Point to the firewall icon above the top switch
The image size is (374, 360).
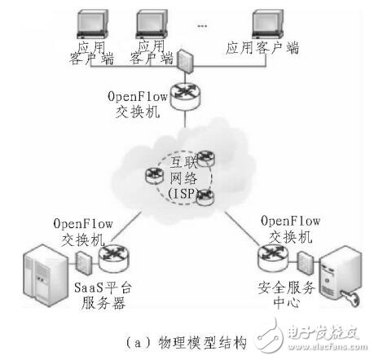186,62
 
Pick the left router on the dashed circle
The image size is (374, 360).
151,175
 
